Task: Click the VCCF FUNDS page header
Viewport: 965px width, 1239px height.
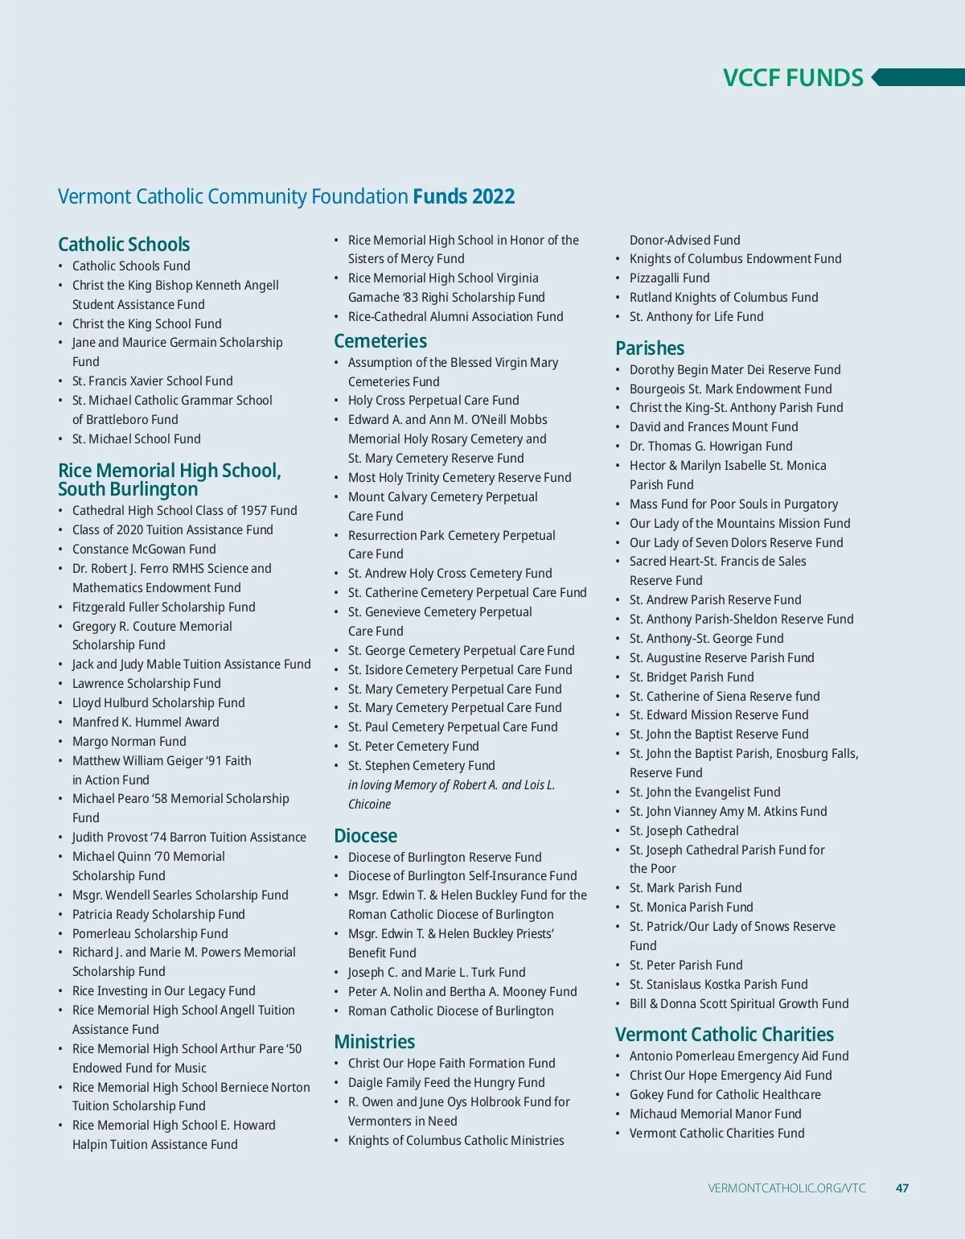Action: [793, 78]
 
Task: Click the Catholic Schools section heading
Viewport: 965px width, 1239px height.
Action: [124, 244]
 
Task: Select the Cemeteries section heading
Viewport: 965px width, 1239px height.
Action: [380, 341]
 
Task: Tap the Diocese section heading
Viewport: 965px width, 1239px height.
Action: [365, 836]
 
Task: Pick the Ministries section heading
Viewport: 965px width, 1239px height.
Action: [374, 1042]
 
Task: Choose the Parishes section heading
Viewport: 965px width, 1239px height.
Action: [650, 348]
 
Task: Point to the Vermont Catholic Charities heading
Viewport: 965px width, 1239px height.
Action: [724, 1035]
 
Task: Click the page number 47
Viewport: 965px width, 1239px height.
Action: [902, 1188]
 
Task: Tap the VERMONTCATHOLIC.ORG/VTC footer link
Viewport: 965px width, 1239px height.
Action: [786, 1188]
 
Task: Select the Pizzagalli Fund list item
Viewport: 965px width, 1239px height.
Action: [669, 278]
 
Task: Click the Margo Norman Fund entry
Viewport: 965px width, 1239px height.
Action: [129, 742]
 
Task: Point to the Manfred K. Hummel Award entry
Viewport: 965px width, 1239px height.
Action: [146, 722]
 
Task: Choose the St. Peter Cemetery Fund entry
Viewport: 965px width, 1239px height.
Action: [413, 747]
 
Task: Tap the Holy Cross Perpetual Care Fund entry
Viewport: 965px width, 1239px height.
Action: [433, 401]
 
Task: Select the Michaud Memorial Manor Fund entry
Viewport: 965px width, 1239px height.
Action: [715, 1114]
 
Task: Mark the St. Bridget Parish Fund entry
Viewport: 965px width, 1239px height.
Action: [692, 677]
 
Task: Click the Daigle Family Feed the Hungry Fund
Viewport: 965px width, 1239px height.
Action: [446, 1083]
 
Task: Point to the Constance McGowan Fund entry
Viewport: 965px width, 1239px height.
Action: [144, 550]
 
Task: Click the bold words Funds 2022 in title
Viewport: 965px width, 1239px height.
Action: [464, 197]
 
